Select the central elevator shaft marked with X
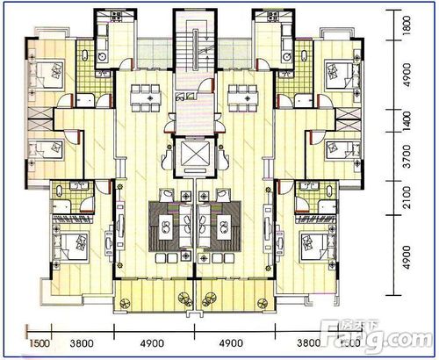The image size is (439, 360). [x=193, y=156]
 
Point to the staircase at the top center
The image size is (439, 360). [x=191, y=44]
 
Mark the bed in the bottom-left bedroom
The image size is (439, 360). [x=70, y=244]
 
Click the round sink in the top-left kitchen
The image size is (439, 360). [x=101, y=58]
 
